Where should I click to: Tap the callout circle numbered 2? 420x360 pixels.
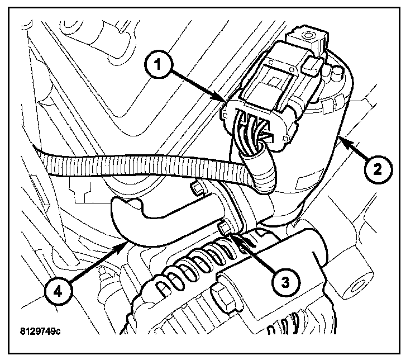coord(378,167)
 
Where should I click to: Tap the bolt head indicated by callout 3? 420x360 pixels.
coord(225,228)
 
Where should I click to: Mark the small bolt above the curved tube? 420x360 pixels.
coord(196,188)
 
